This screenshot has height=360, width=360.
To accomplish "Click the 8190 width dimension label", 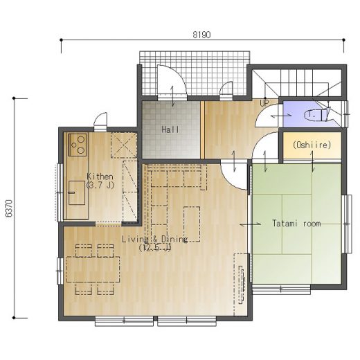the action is click(201, 35).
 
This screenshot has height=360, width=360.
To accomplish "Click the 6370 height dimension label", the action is click(9, 208).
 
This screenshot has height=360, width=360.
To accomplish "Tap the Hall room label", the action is click(170, 129).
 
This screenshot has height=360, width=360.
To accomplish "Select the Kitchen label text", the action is click(100, 177).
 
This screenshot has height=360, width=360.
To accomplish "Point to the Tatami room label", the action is click(296, 224).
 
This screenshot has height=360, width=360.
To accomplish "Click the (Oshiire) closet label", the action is click(312, 145).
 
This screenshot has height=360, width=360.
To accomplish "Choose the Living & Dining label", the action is click(154, 239).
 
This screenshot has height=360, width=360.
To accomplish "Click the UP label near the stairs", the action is click(264, 103).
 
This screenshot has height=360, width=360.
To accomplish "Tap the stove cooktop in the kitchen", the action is click(78, 145).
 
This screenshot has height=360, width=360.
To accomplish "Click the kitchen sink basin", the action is click(77, 193).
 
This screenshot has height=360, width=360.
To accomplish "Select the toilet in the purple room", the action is click(317, 115).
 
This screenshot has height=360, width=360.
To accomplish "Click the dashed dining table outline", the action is click(93, 269).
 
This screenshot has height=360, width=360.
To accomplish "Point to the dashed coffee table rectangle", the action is click(192, 224).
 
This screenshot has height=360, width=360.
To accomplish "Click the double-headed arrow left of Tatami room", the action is click(251, 224).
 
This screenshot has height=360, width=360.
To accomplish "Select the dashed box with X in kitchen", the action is click(124, 145).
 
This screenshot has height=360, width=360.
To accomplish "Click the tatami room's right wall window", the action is click(347, 224).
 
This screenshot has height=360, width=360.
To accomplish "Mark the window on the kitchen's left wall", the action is click(60, 192).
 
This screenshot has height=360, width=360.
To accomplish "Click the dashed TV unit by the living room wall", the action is click(242, 285).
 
